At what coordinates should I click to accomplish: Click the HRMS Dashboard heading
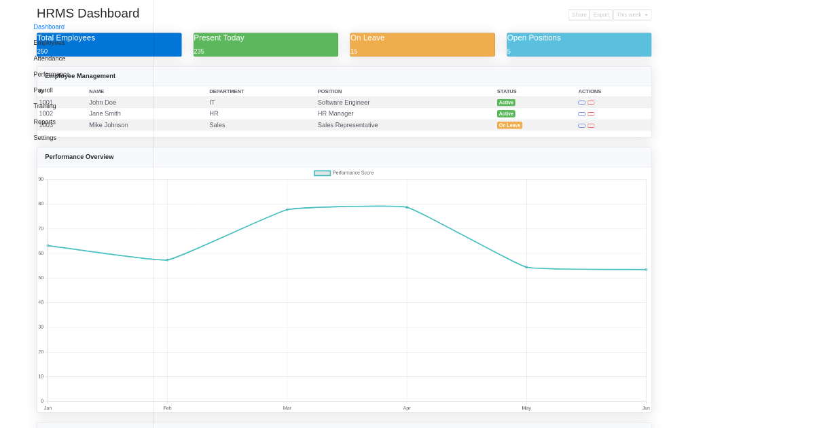[x=88, y=14]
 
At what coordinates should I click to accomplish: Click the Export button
[x=601, y=15]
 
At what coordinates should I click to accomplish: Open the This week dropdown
[x=632, y=15]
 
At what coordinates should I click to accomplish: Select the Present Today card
[x=266, y=44]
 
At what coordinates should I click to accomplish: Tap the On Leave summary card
[x=422, y=44]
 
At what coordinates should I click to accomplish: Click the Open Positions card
[x=579, y=44]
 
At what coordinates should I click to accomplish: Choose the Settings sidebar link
[x=45, y=138]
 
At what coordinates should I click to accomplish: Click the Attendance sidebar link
[x=50, y=58]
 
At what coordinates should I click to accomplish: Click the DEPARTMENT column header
[x=226, y=91]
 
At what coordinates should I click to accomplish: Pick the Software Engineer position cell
[x=344, y=103]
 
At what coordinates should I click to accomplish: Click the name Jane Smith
[x=105, y=113]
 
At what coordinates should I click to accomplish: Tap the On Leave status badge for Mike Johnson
[x=509, y=125]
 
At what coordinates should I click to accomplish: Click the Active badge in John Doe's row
[x=506, y=103]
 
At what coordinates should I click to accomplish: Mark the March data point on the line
[x=287, y=209]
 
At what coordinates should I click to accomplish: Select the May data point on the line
[x=526, y=267]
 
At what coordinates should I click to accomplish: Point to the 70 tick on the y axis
[x=41, y=228]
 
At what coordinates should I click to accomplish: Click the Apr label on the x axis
[x=407, y=408]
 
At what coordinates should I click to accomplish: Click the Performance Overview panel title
[x=79, y=157]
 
